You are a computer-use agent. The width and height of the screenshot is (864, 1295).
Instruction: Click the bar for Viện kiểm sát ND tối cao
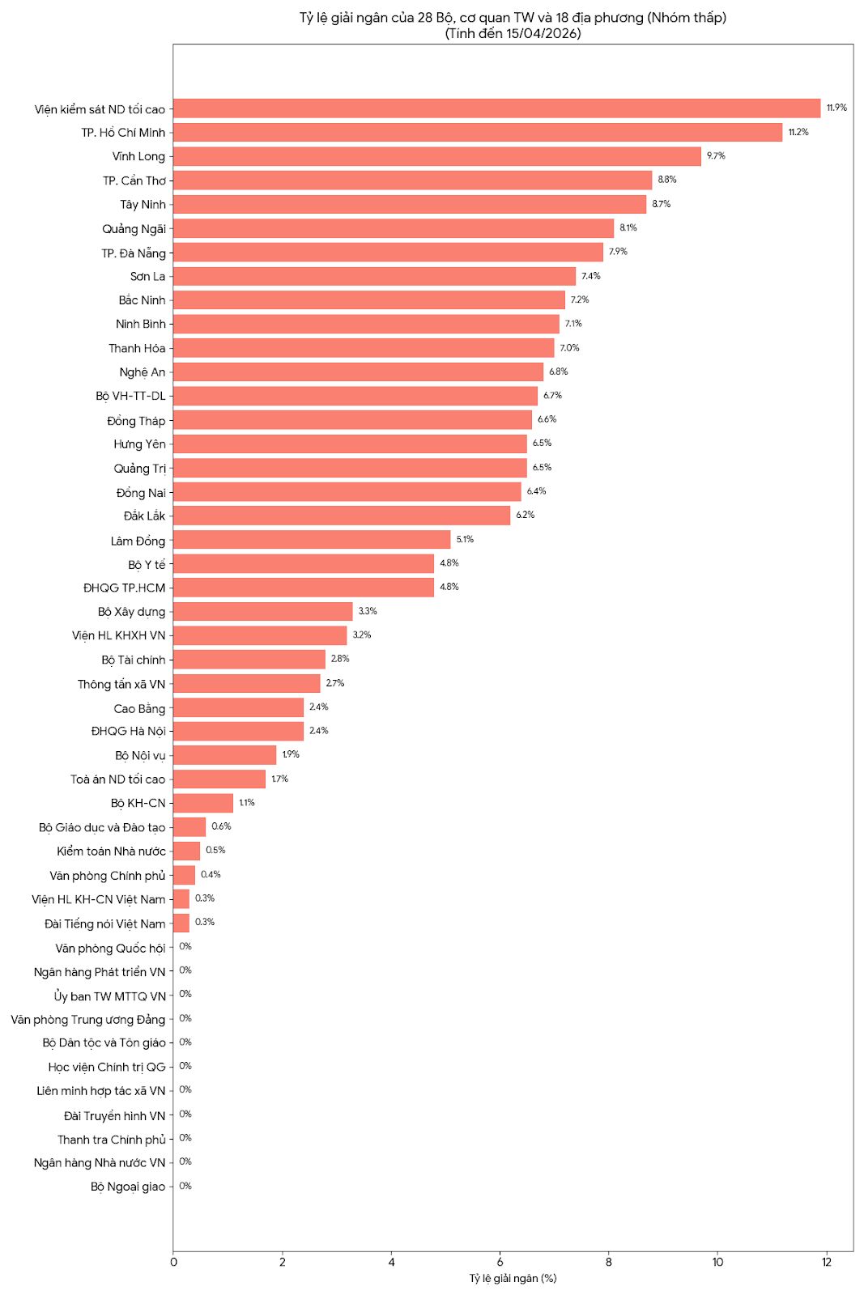[x=496, y=108]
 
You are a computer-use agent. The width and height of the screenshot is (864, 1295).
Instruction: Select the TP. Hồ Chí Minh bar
[x=478, y=132]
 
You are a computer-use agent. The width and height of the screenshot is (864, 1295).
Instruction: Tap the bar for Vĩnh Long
[x=437, y=156]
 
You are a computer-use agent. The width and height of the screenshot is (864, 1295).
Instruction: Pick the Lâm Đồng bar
[x=312, y=540]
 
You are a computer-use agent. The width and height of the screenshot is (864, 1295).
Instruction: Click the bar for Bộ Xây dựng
[x=263, y=611]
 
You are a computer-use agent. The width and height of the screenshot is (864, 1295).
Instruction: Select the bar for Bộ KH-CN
[x=203, y=803]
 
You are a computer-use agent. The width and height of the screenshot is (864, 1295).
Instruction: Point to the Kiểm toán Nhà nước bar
[x=187, y=851]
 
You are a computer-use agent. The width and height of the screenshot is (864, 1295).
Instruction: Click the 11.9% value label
[x=836, y=108]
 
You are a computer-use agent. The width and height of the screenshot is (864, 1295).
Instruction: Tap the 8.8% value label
[x=667, y=180]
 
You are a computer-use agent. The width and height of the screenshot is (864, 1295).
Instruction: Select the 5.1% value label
[x=465, y=539]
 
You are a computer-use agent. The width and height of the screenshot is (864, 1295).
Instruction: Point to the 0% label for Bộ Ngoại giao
[x=185, y=1186]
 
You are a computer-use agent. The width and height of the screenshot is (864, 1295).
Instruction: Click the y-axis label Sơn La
[x=147, y=277]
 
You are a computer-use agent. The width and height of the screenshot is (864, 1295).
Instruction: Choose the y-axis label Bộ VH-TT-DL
[x=130, y=396]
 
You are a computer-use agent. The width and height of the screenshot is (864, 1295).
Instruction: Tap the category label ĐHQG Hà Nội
[x=128, y=731]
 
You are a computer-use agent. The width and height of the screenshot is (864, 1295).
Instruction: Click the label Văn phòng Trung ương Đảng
[x=87, y=1019]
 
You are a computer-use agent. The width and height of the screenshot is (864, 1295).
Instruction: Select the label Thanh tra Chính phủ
[x=111, y=1140]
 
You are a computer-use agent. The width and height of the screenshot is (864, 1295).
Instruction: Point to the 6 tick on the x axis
[x=500, y=1262]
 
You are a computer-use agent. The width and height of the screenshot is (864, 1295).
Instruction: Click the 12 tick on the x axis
[x=827, y=1262]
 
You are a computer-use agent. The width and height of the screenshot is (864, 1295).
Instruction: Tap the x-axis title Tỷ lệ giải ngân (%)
[x=513, y=1278]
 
